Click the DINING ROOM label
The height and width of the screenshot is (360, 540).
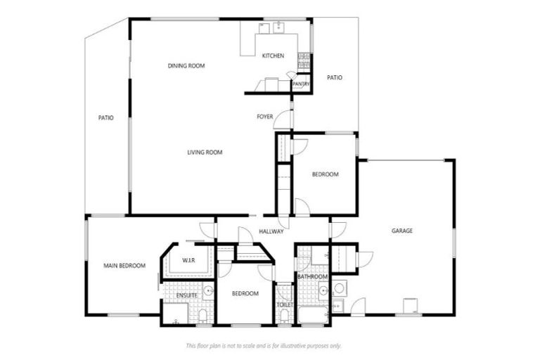186,66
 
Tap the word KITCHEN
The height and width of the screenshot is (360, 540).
273,56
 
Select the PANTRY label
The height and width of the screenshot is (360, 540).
301,84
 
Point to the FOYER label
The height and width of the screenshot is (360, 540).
264,117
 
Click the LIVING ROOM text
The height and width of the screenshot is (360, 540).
205,153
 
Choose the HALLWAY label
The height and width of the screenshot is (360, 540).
271,231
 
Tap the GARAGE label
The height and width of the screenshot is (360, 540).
402,231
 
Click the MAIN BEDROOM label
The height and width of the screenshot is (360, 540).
124,266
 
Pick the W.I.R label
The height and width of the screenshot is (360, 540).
188,261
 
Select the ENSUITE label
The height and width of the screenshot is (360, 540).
186,295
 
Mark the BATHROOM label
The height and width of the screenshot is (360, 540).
312,277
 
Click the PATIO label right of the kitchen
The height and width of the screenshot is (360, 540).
335,77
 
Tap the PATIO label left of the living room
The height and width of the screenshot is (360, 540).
106,118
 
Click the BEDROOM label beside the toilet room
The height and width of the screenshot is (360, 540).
245,293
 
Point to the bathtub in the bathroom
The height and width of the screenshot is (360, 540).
312,314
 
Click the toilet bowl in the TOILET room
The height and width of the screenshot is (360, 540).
284,316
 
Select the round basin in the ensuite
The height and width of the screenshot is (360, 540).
208,291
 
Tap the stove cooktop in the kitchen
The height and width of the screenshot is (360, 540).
304,61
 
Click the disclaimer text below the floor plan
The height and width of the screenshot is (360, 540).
263,345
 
